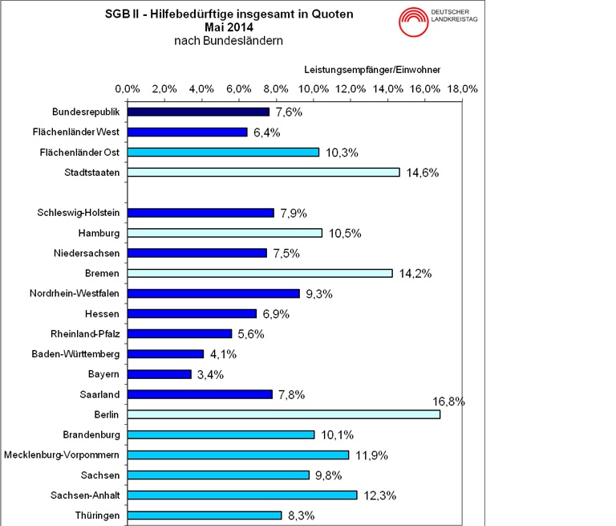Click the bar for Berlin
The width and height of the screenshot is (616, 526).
tap(284, 414)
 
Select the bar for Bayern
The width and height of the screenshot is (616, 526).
tap(160, 374)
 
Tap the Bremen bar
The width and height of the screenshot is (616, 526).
tap(260, 273)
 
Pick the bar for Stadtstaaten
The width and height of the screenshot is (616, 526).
tap(263, 172)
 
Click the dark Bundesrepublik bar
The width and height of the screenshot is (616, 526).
tap(198, 112)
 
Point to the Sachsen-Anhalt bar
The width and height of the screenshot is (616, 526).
tap(242, 495)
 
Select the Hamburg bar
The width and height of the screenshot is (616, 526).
tap(225, 233)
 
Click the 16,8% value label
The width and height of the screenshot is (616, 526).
tap(448, 401)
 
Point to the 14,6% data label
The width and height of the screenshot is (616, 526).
tap(420, 173)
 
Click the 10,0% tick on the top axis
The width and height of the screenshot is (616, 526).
tap(314, 88)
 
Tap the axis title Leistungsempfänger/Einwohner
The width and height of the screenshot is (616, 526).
tap(372, 70)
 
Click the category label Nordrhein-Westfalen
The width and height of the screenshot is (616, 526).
tap(75, 293)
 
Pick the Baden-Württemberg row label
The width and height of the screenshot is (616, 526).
tap(75, 354)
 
